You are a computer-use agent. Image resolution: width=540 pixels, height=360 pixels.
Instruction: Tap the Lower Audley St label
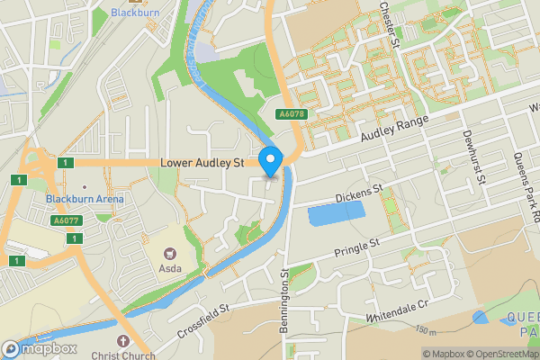click(x=202, y=163)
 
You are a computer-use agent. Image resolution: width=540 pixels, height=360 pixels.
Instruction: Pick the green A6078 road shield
click(x=286, y=113)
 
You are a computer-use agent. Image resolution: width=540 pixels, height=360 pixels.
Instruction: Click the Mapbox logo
click(x=40, y=348)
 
